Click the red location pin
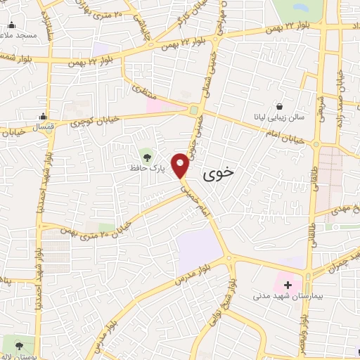(x=181, y=165)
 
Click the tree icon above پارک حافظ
(x=146, y=155)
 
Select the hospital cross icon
(x=288, y=285)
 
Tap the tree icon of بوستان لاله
(x=19, y=345)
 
